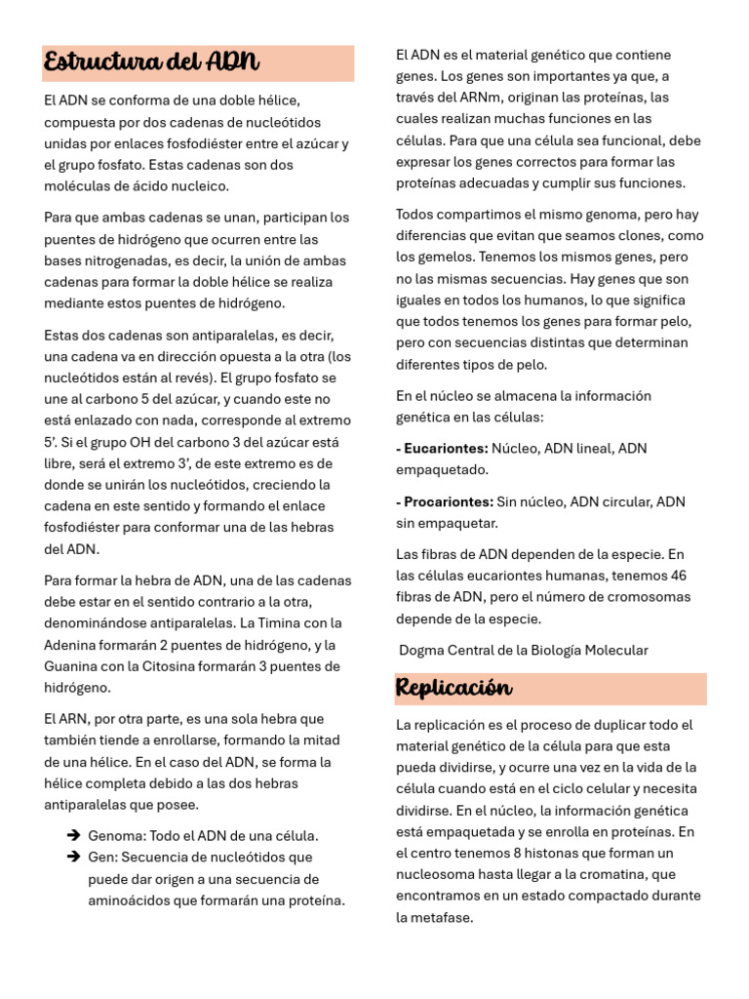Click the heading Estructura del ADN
(151, 63)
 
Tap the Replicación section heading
(453, 688)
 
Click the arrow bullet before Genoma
(72, 835)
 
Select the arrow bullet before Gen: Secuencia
(72, 857)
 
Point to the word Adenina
(71, 645)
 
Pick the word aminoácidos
(130, 899)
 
